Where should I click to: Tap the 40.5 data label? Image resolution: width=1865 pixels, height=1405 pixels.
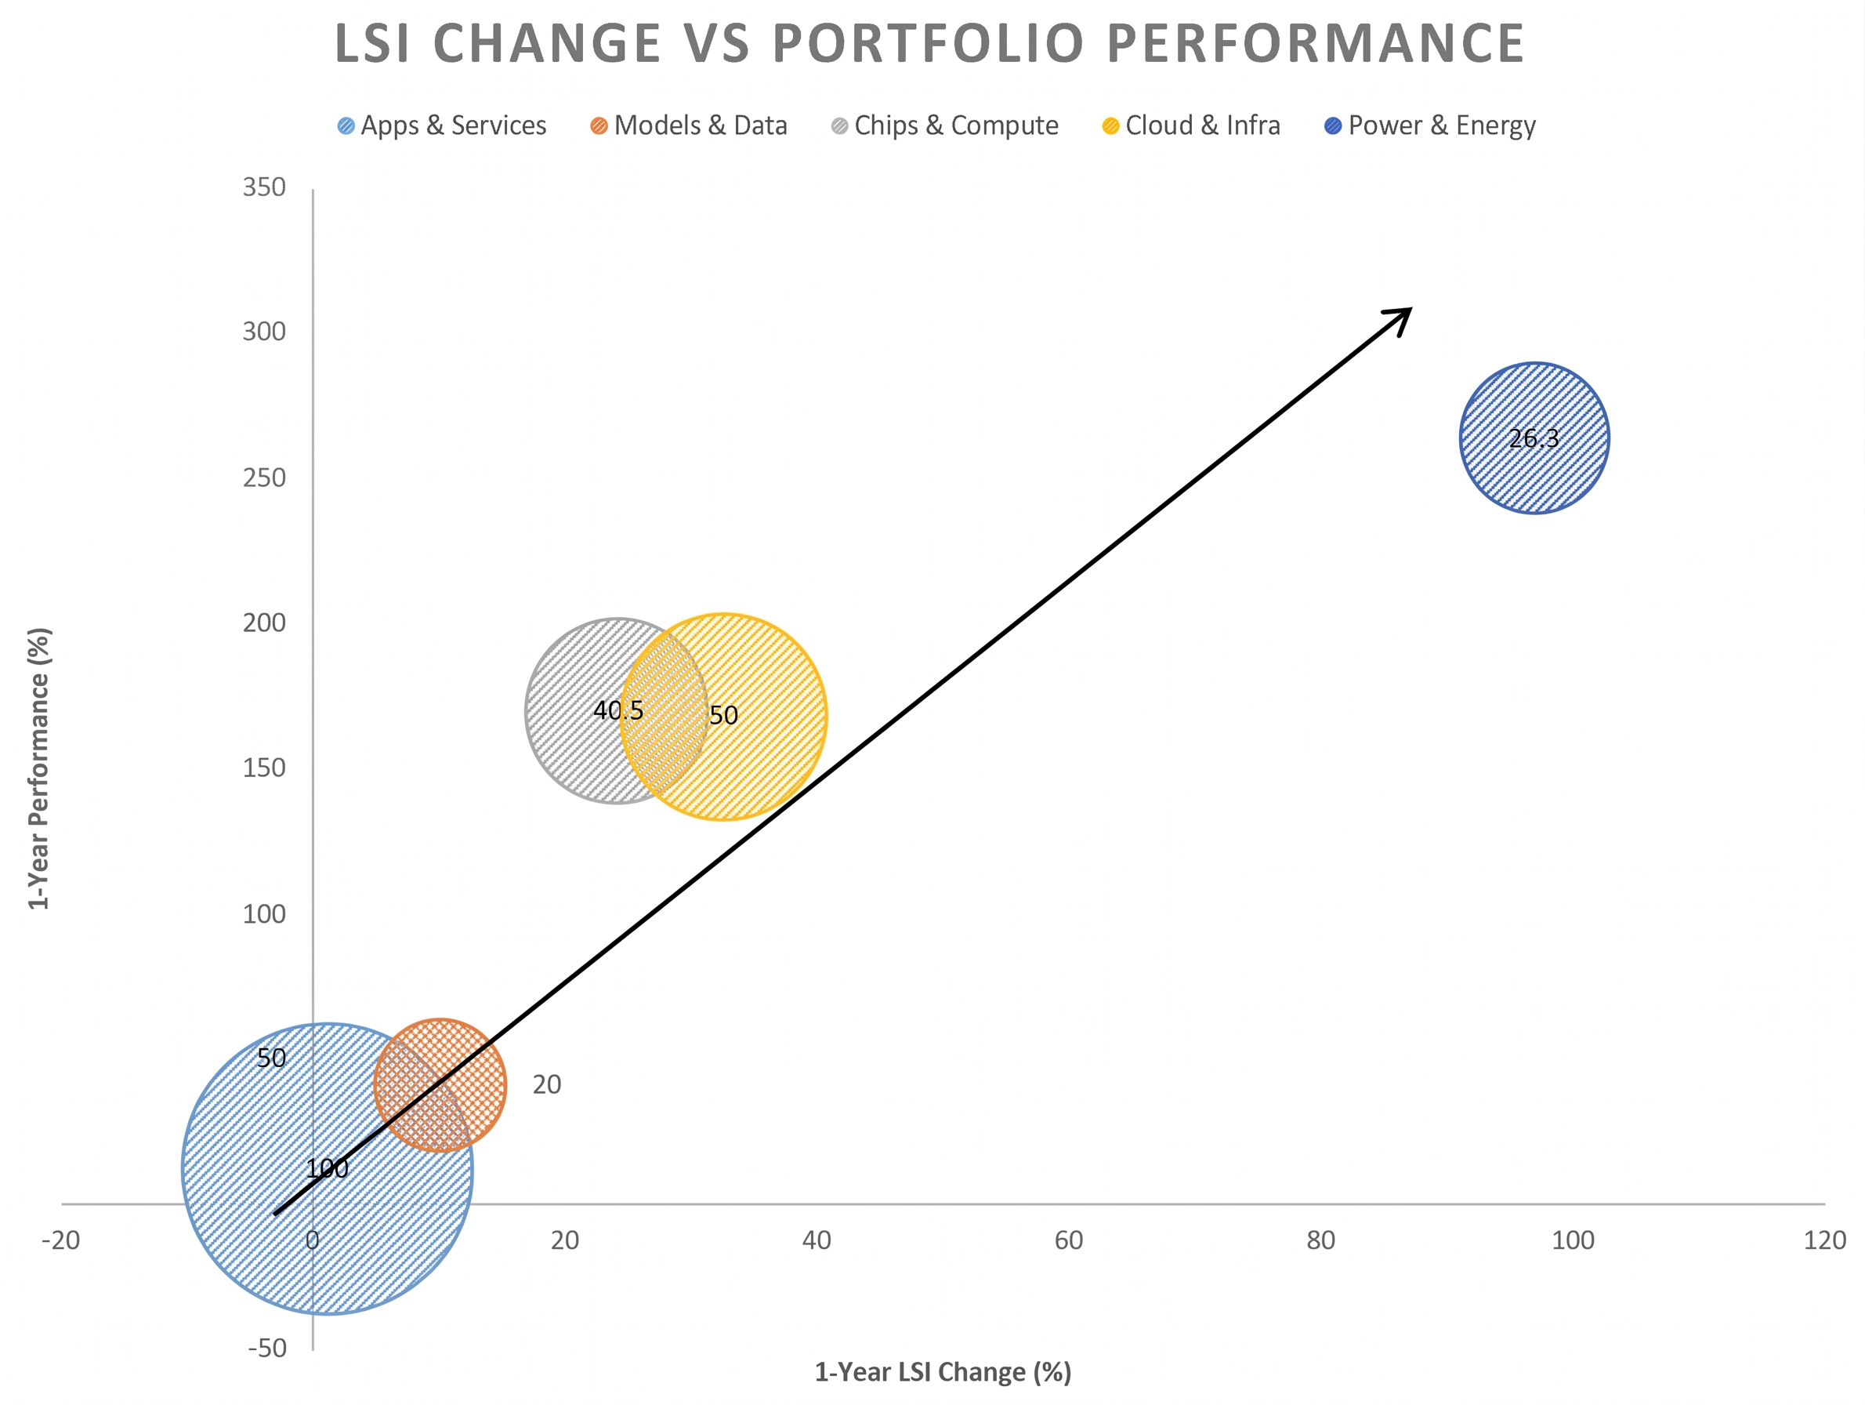(618, 711)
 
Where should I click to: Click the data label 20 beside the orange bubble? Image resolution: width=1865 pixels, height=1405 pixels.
(546, 1084)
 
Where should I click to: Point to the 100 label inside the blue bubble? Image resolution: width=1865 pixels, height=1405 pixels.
(327, 1169)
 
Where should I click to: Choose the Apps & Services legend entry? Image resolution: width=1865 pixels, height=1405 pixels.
(443, 125)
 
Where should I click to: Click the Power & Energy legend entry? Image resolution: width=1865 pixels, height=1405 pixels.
(1430, 125)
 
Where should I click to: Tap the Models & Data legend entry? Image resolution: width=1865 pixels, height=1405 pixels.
(689, 125)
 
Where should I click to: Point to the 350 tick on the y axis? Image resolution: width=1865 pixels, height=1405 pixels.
(264, 187)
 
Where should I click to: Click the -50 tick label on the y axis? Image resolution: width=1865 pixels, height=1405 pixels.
(266, 1349)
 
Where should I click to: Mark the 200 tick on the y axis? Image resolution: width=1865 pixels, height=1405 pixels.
(264, 623)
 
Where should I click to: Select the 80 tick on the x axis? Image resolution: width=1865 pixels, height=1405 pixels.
(1320, 1240)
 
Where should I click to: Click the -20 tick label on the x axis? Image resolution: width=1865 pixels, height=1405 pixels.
(60, 1240)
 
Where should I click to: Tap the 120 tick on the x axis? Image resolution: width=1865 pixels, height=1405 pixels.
(1824, 1240)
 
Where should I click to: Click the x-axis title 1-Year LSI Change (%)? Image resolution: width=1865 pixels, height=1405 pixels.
(943, 1372)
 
